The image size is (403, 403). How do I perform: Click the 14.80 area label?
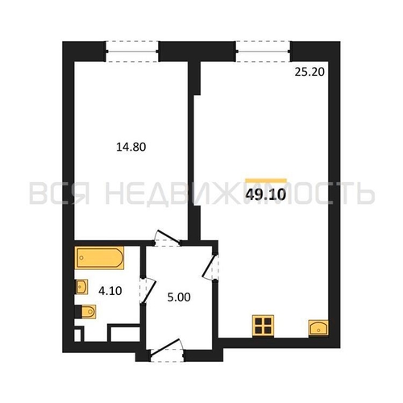131,147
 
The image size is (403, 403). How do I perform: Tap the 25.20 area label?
310,72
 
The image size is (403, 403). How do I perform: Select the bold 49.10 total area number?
265,194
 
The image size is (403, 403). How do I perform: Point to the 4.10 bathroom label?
110,290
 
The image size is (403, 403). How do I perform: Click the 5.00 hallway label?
179,297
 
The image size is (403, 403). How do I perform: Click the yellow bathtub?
99,258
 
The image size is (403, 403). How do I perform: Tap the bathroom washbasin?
81,287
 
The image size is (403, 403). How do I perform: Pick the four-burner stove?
264,326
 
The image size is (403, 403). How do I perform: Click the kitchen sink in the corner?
318,327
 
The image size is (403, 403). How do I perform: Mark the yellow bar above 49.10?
266,181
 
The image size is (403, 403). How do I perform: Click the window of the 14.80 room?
132,52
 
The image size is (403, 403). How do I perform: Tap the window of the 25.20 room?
263,52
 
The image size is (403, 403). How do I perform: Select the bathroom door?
147,291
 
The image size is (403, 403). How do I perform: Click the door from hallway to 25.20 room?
210,267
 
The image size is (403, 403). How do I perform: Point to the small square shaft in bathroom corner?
78,334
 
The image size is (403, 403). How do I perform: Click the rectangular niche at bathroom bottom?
123,333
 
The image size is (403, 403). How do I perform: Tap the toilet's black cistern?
78,312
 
